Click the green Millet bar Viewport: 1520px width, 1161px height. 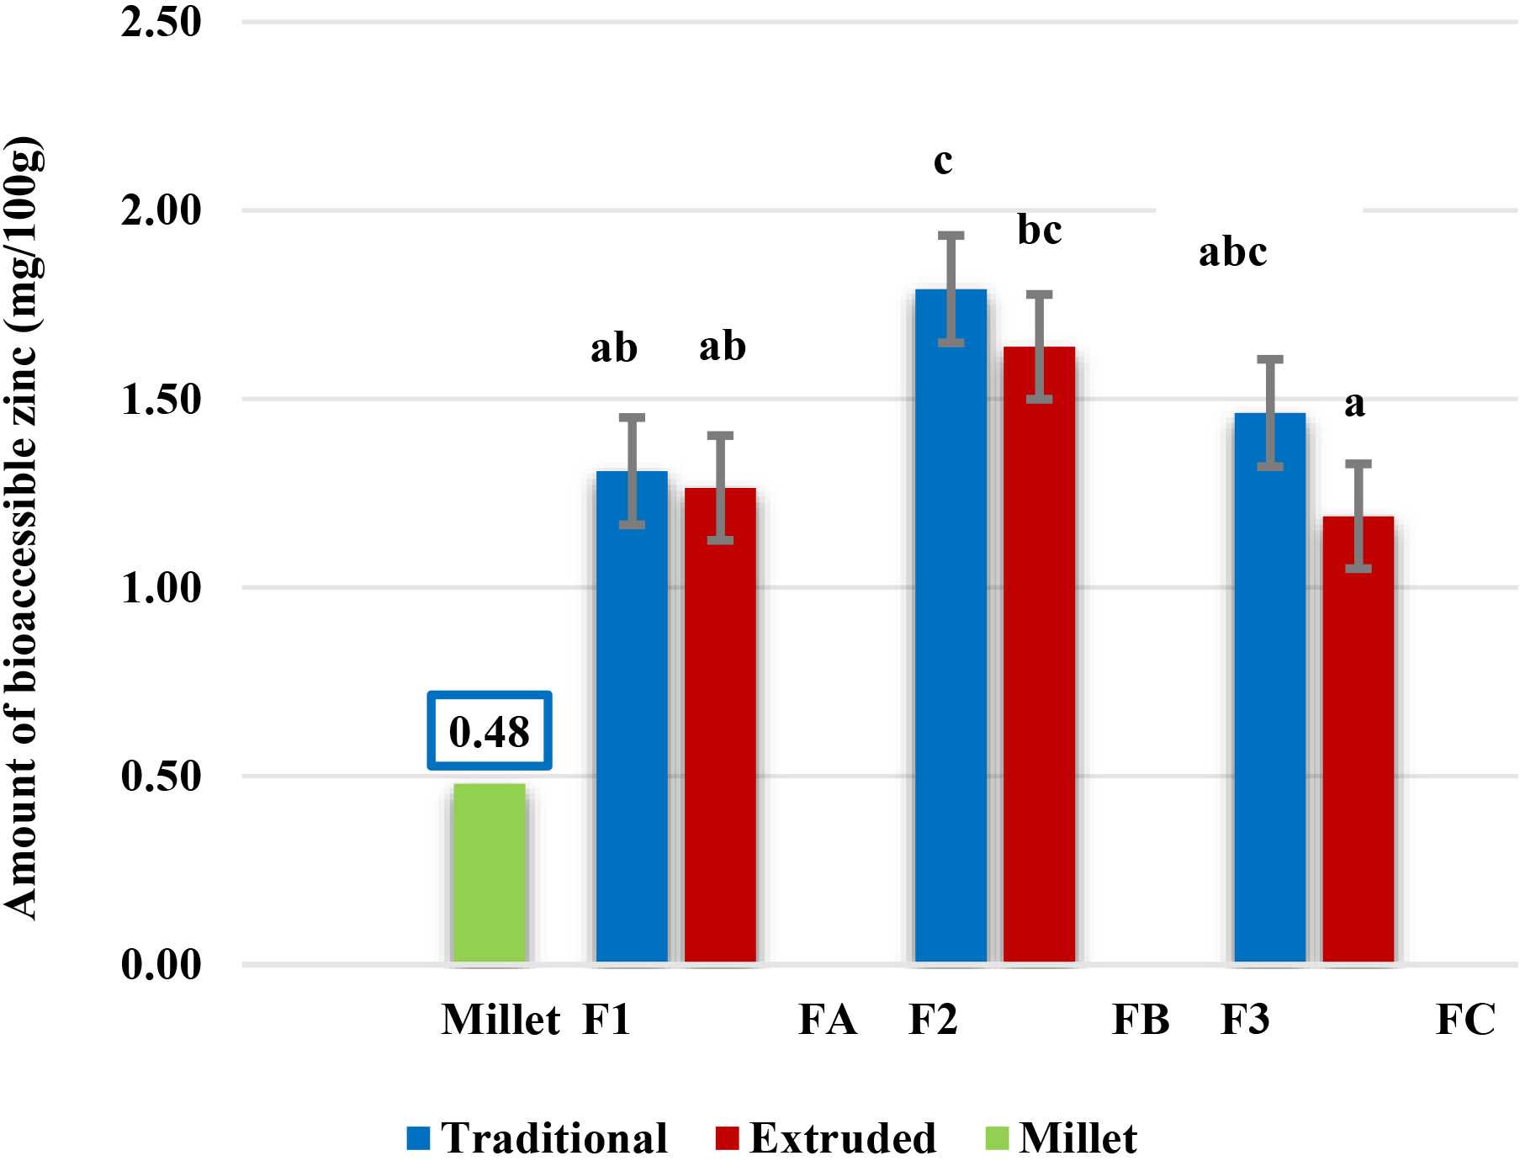[489, 872]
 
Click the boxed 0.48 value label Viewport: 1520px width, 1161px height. [489, 730]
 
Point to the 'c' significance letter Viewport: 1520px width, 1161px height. [943, 160]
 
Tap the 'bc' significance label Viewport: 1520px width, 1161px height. [1039, 230]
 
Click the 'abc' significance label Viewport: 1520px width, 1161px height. [1232, 252]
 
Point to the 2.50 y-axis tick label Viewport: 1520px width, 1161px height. [161, 22]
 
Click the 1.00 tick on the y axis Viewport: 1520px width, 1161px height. [161, 587]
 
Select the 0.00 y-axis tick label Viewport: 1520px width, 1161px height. [161, 964]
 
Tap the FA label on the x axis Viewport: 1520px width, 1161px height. [827, 1020]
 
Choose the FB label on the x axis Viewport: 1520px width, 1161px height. [1141, 1020]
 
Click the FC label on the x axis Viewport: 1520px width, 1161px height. [1465, 1020]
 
